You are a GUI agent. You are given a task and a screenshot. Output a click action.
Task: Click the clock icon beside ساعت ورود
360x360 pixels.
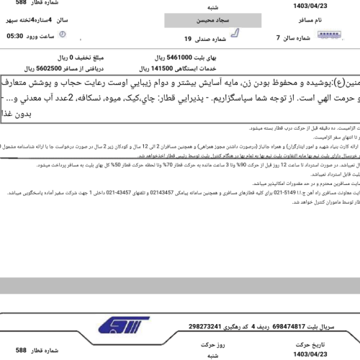[x=63, y=34]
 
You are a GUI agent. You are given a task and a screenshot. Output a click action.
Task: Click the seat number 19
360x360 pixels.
[x=188, y=38]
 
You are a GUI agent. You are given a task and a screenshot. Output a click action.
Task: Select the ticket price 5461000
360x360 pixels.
[x=172, y=55]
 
